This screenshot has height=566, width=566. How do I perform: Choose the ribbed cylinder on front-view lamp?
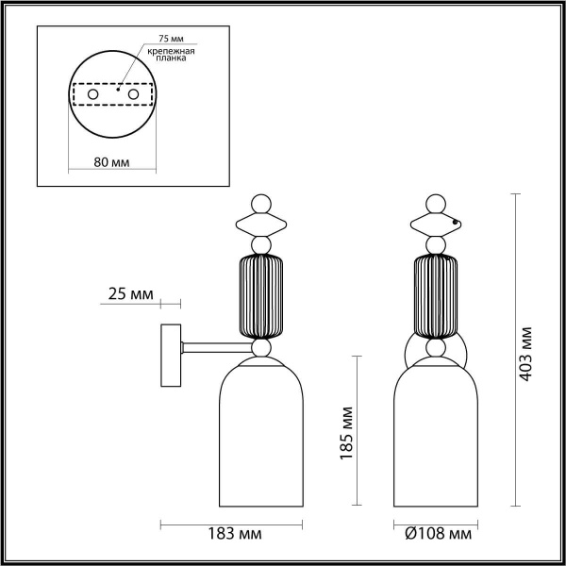pyautogui.click(x=435, y=295)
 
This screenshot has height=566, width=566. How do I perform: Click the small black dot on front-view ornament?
pyautogui.click(x=456, y=223)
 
